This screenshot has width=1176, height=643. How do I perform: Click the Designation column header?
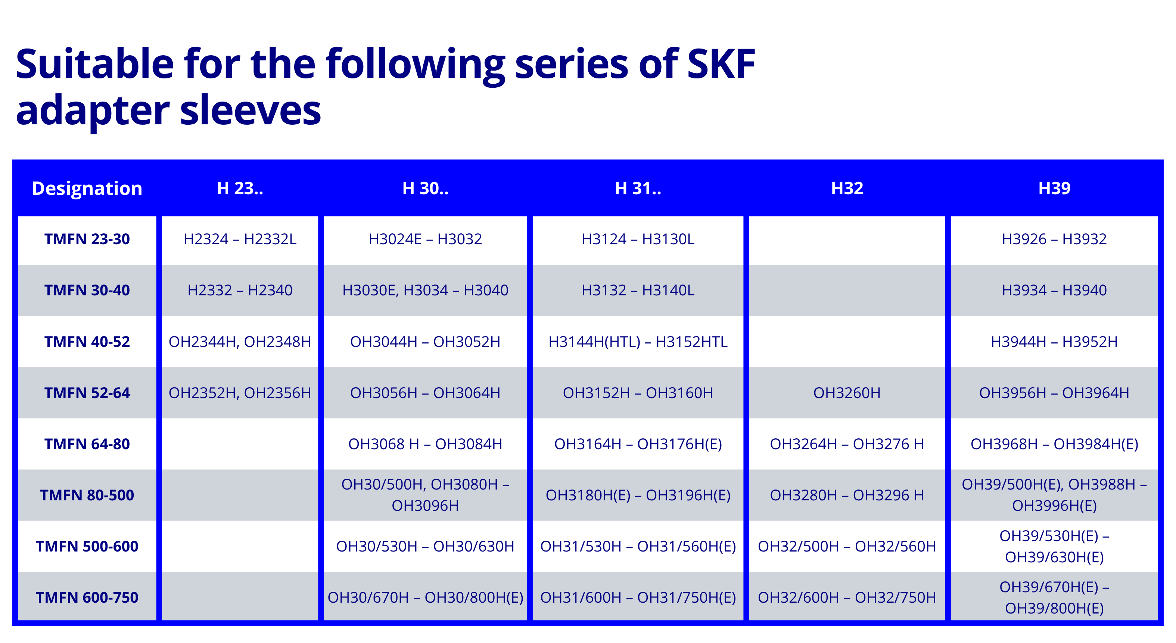[87, 189]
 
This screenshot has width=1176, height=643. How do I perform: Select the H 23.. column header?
[240, 188]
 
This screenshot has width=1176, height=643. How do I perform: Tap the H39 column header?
[1054, 188]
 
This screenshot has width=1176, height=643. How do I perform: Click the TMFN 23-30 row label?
[87, 239]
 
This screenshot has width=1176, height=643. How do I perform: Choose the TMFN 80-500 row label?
[87, 495]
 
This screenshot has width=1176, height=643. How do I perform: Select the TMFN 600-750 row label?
[87, 597]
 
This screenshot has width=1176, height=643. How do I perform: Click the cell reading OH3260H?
[847, 393]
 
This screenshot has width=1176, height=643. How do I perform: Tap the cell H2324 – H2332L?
[240, 239]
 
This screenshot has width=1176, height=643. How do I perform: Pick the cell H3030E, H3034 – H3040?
[425, 290]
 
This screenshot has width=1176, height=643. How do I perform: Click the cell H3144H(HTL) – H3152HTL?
[638, 342]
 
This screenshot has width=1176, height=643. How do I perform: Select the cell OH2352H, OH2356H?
[240, 393]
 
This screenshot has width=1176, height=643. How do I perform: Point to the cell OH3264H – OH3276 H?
[847, 444]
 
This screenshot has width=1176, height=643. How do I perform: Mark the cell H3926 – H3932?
[1054, 239]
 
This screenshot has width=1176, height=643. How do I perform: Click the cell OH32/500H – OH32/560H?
[847, 546]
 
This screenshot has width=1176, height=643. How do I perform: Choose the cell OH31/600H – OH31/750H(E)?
[638, 597]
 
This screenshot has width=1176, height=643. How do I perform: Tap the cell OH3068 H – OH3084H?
[425, 444]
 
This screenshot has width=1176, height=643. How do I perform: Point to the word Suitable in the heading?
[95, 64]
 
